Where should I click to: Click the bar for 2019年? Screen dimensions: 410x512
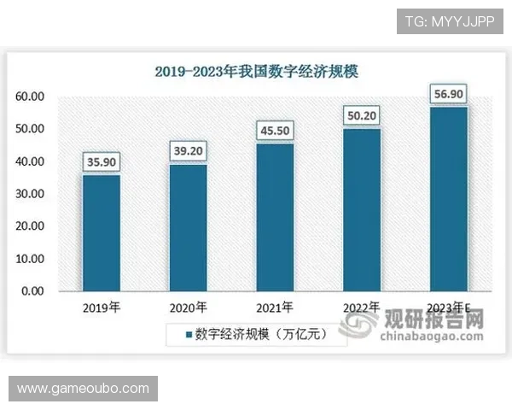coord(101,233)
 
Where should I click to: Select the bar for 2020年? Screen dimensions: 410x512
coord(188,227)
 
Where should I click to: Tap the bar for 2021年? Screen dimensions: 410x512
coord(275,217)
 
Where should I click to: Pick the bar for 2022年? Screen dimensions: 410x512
coord(362,209)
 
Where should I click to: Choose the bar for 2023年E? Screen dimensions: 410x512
coord(449,198)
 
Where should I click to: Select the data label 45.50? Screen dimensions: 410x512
coord(275,131)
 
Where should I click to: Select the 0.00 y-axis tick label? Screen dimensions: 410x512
coord(32,291)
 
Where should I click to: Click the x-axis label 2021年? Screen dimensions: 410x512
coord(275,307)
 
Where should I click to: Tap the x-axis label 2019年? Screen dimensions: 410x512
coord(101,307)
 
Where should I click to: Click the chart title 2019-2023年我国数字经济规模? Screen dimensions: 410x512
coord(256,72)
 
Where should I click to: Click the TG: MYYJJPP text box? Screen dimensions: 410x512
coord(450,20)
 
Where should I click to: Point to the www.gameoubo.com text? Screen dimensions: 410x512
coord(84,389)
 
